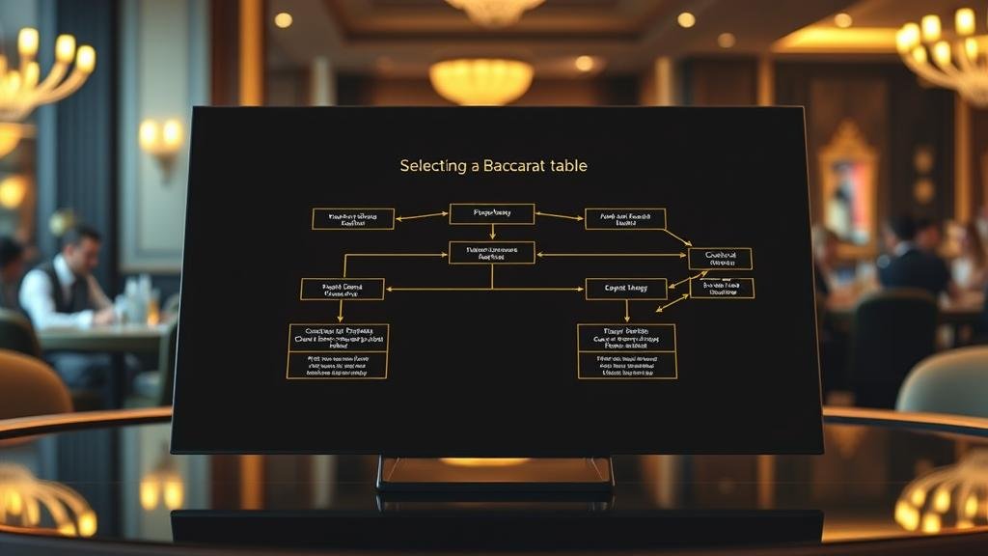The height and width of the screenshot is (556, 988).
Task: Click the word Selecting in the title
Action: pyautogui.click(x=432, y=166)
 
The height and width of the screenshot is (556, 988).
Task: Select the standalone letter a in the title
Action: pyautogui.click(x=475, y=167)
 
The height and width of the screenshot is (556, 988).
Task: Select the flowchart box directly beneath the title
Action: pyautogui.click(x=492, y=213)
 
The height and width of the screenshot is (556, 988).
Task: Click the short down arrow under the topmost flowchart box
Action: pyautogui.click(x=492, y=232)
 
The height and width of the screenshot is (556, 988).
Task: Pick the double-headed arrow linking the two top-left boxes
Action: pyautogui.click(x=422, y=216)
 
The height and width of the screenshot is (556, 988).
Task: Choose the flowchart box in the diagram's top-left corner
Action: pyautogui.click(x=353, y=218)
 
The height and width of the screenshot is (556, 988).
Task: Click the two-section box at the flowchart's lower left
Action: pyautogui.click(x=338, y=350)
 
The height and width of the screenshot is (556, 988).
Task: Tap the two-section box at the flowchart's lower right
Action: pyautogui.click(x=627, y=350)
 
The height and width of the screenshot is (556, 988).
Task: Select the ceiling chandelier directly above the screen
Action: pyautogui.click(x=480, y=79)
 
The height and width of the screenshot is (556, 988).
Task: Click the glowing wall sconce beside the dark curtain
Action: pyautogui.click(x=161, y=138)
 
